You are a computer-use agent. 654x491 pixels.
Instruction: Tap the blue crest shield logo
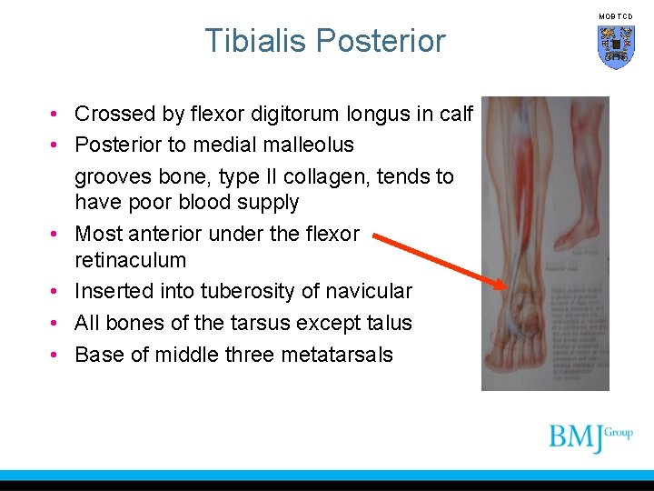click(x=616, y=46)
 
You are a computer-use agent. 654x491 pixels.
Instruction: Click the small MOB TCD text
click(x=616, y=16)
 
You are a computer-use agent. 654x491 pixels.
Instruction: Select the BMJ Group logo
click(x=590, y=437)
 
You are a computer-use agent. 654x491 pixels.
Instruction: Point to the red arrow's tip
click(x=505, y=286)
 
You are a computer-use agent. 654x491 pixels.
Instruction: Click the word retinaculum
click(x=130, y=260)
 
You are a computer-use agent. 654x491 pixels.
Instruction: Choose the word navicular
click(x=371, y=291)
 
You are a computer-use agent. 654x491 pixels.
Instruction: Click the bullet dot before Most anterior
click(x=56, y=234)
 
